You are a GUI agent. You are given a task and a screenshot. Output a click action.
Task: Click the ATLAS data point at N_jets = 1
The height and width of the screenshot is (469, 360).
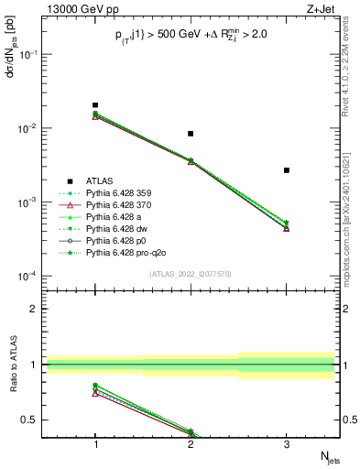tap(95, 105)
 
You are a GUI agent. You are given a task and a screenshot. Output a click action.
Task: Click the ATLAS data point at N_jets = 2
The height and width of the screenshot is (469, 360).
tap(191, 134)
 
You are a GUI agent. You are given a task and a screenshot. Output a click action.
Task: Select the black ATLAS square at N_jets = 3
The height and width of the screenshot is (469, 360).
tap(287, 170)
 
